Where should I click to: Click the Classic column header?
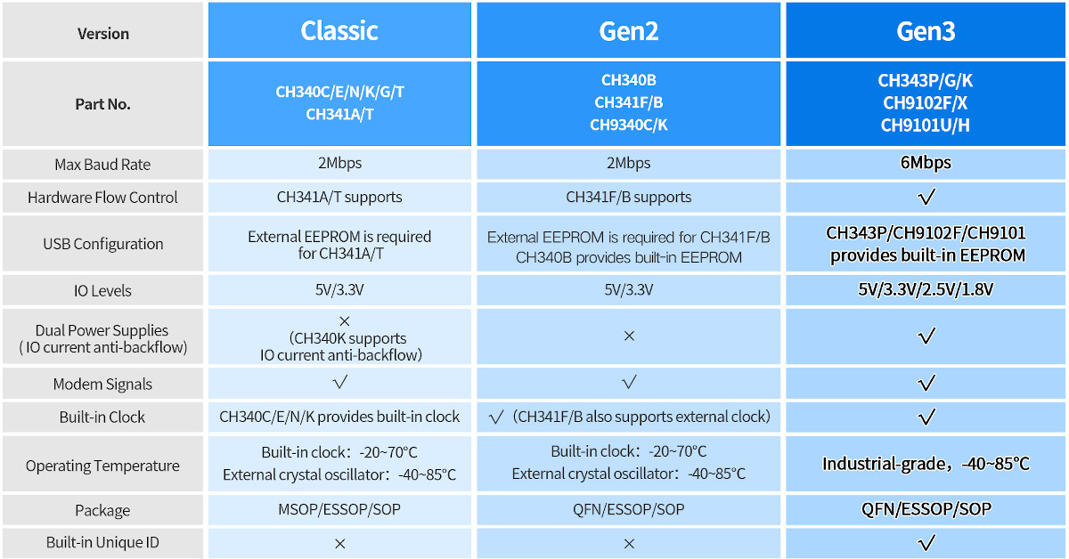pos(339,31)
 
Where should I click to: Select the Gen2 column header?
pos(629,31)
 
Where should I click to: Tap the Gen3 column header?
pos(926,31)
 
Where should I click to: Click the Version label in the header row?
pos(103,34)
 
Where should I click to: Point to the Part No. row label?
pos(102,104)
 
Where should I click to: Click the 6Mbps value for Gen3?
pos(926,163)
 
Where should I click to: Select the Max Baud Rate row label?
pos(102,165)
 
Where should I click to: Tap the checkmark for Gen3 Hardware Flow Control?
pos(926,197)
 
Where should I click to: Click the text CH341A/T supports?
pos(339,197)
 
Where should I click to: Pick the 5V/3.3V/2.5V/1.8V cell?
pos(926,289)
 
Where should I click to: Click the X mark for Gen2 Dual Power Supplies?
pos(629,336)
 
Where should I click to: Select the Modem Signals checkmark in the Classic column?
pos(339,382)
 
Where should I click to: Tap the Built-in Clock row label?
pos(102,417)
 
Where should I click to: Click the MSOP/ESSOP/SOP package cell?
pos(339,509)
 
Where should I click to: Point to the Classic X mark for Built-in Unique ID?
pos(339,543)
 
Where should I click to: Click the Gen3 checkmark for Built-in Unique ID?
pos(926,542)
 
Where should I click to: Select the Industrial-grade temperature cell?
pos(926,464)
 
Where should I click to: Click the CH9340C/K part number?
pos(629,125)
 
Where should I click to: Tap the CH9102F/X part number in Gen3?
pos(925,102)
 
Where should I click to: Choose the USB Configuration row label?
pos(103,244)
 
